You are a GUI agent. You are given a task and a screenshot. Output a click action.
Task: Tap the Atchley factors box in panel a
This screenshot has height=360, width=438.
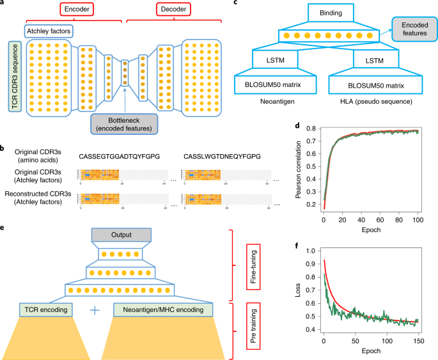pyautogui.click(x=49, y=30)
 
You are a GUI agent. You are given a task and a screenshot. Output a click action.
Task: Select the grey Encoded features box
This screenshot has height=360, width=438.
pyautogui.click(x=414, y=29)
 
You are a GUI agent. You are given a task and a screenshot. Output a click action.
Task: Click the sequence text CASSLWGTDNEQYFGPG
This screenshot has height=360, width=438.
pyautogui.click(x=221, y=155)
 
